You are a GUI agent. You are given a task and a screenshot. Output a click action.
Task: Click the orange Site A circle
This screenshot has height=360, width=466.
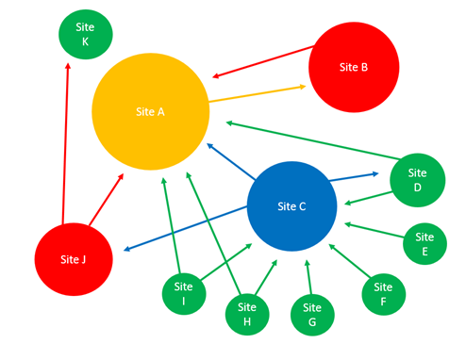click(149, 111)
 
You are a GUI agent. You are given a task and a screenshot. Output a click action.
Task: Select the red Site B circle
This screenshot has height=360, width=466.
click(354, 67)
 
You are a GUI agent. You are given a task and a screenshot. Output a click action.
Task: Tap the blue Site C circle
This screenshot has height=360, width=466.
click(291, 206)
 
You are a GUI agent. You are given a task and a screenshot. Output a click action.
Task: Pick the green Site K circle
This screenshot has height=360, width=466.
click(85, 35)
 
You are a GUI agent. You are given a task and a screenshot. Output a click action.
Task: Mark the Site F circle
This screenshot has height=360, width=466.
click(384, 293)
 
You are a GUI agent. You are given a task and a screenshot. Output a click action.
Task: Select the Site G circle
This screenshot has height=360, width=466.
click(312, 315)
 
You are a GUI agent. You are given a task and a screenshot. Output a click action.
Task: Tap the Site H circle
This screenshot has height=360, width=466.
click(248, 315)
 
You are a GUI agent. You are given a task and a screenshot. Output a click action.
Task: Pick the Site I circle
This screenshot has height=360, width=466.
click(185, 293)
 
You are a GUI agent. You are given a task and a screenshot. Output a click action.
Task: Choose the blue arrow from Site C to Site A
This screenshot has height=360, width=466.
click(228, 160)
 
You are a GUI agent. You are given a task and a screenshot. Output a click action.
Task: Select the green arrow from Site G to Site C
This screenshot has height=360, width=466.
click(309, 278)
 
